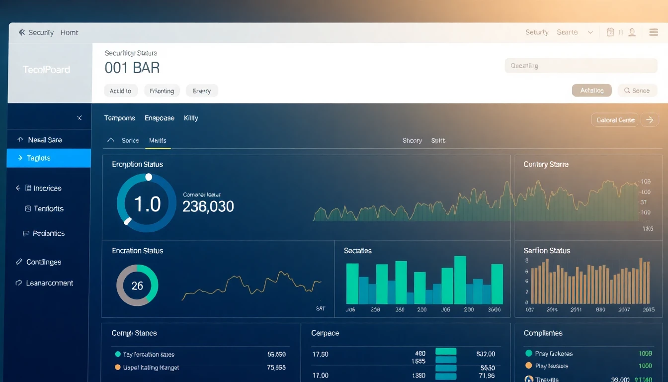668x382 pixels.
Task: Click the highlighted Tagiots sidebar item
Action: click(48, 158)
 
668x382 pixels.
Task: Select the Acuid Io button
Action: click(120, 91)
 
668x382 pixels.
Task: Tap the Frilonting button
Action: click(162, 91)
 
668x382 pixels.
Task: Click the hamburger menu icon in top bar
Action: click(654, 32)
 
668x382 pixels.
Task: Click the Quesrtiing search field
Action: click(581, 66)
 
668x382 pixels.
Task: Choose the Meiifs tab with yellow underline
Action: click(158, 141)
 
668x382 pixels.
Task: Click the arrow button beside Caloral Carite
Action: click(650, 120)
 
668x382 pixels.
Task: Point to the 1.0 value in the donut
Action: click(147, 204)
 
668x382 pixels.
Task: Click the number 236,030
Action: click(208, 206)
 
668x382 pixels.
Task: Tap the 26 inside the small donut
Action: click(137, 286)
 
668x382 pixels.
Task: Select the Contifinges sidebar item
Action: click(44, 262)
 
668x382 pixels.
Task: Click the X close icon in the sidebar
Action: click(80, 118)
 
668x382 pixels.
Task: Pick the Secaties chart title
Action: click(357, 251)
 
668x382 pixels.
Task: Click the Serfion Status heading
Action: click(547, 251)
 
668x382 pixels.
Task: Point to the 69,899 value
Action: click(276, 355)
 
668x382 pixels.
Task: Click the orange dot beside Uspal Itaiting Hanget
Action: click(118, 368)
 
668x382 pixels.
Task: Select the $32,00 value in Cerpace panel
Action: click(486, 354)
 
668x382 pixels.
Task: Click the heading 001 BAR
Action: click(132, 68)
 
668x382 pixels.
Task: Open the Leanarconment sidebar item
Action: click(49, 283)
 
